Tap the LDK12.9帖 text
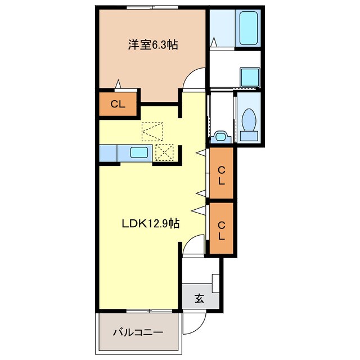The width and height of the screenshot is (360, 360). click(x=151, y=223)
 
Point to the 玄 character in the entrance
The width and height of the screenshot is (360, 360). click(x=200, y=298)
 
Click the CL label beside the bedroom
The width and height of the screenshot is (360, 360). click(x=118, y=104)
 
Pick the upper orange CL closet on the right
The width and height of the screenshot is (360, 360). click(x=221, y=174)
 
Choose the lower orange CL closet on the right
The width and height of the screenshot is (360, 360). click(x=221, y=229)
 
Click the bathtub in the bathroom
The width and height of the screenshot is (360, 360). click(x=248, y=28)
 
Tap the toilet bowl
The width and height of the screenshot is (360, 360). click(x=249, y=120)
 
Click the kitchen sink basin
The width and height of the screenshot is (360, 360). click(x=139, y=152)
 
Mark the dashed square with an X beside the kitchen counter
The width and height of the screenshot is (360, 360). click(x=165, y=152)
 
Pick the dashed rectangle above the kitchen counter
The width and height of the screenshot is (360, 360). click(x=152, y=132)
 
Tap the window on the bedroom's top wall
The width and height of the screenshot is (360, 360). click(x=150, y=7)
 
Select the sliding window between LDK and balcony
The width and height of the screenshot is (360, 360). click(x=138, y=310)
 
